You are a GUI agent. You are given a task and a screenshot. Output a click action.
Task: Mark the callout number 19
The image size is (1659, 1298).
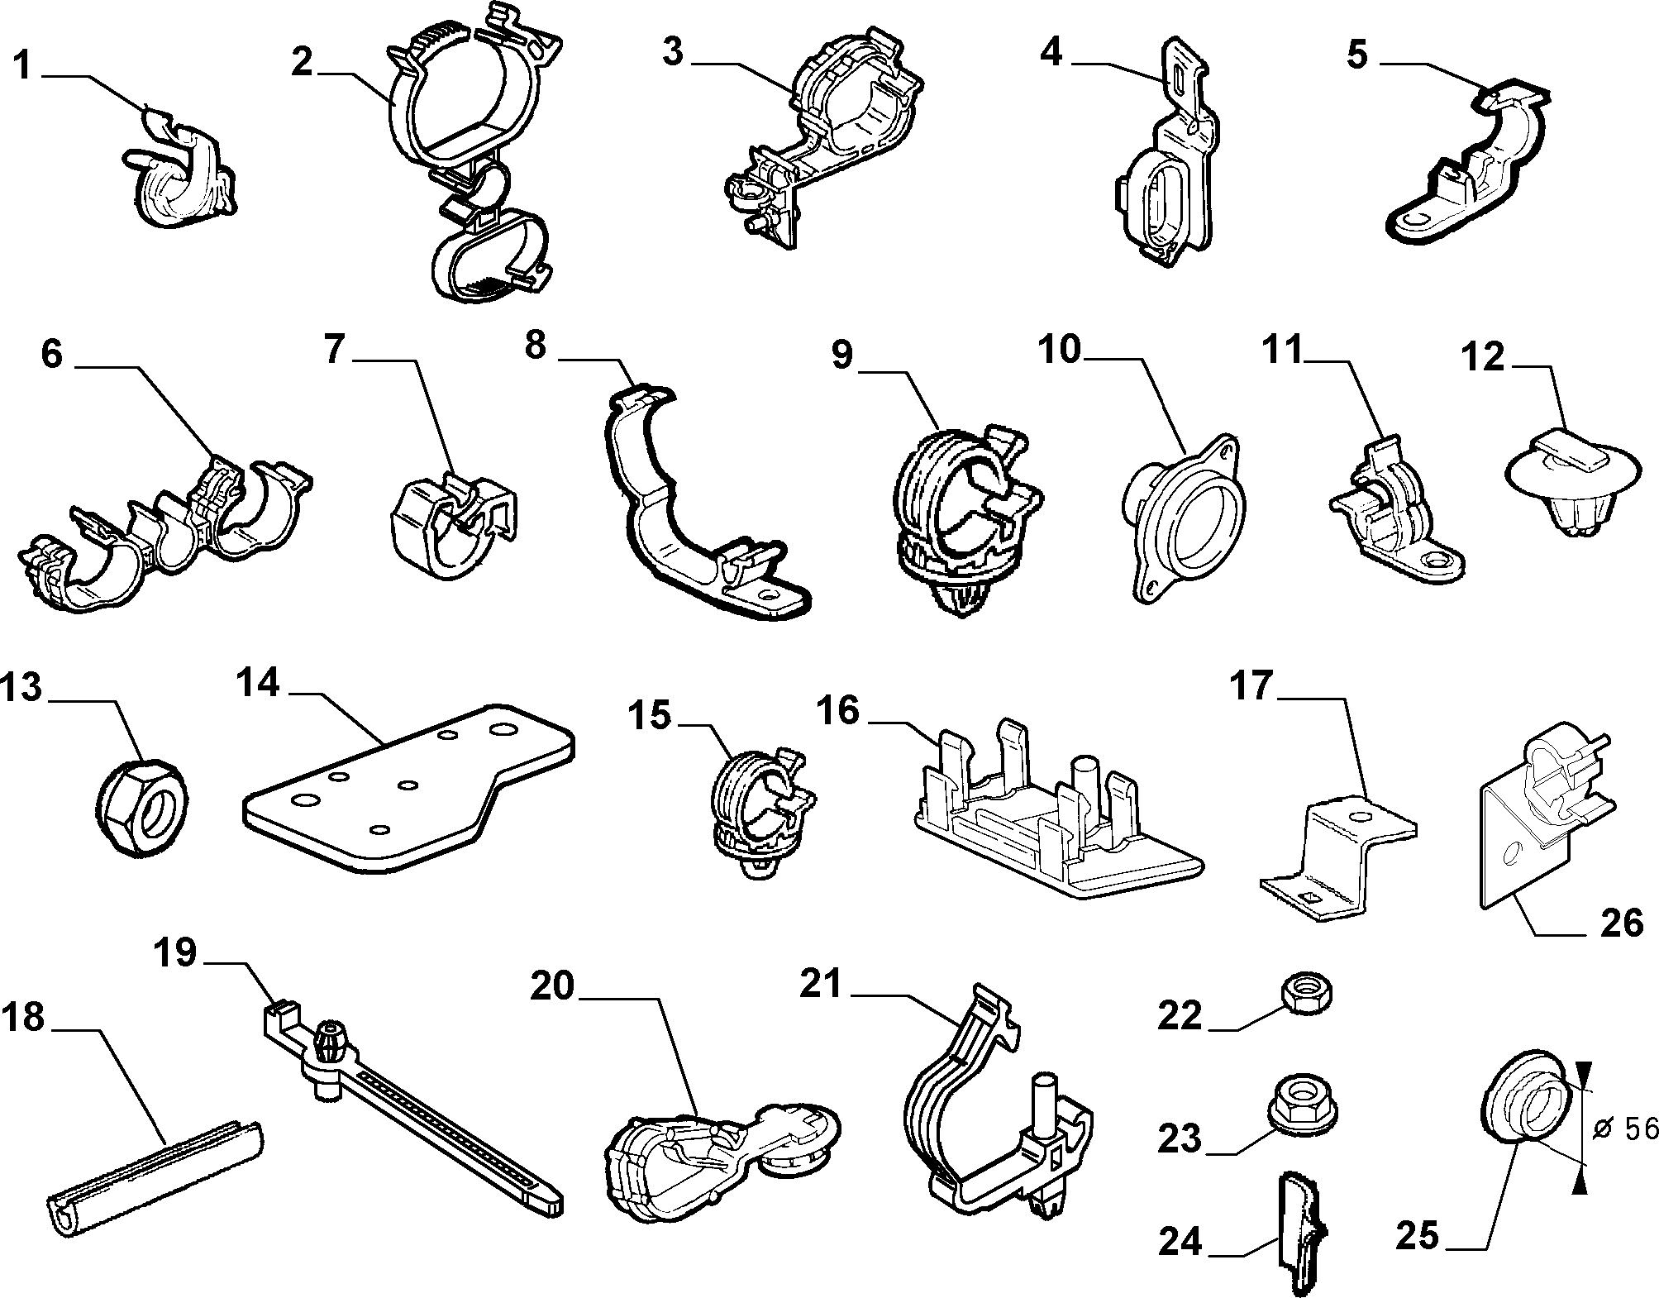[x=175, y=953]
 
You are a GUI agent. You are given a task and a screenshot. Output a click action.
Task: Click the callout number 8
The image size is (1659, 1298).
[x=536, y=346]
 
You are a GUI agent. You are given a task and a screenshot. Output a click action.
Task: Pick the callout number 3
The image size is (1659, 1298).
[x=673, y=51]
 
